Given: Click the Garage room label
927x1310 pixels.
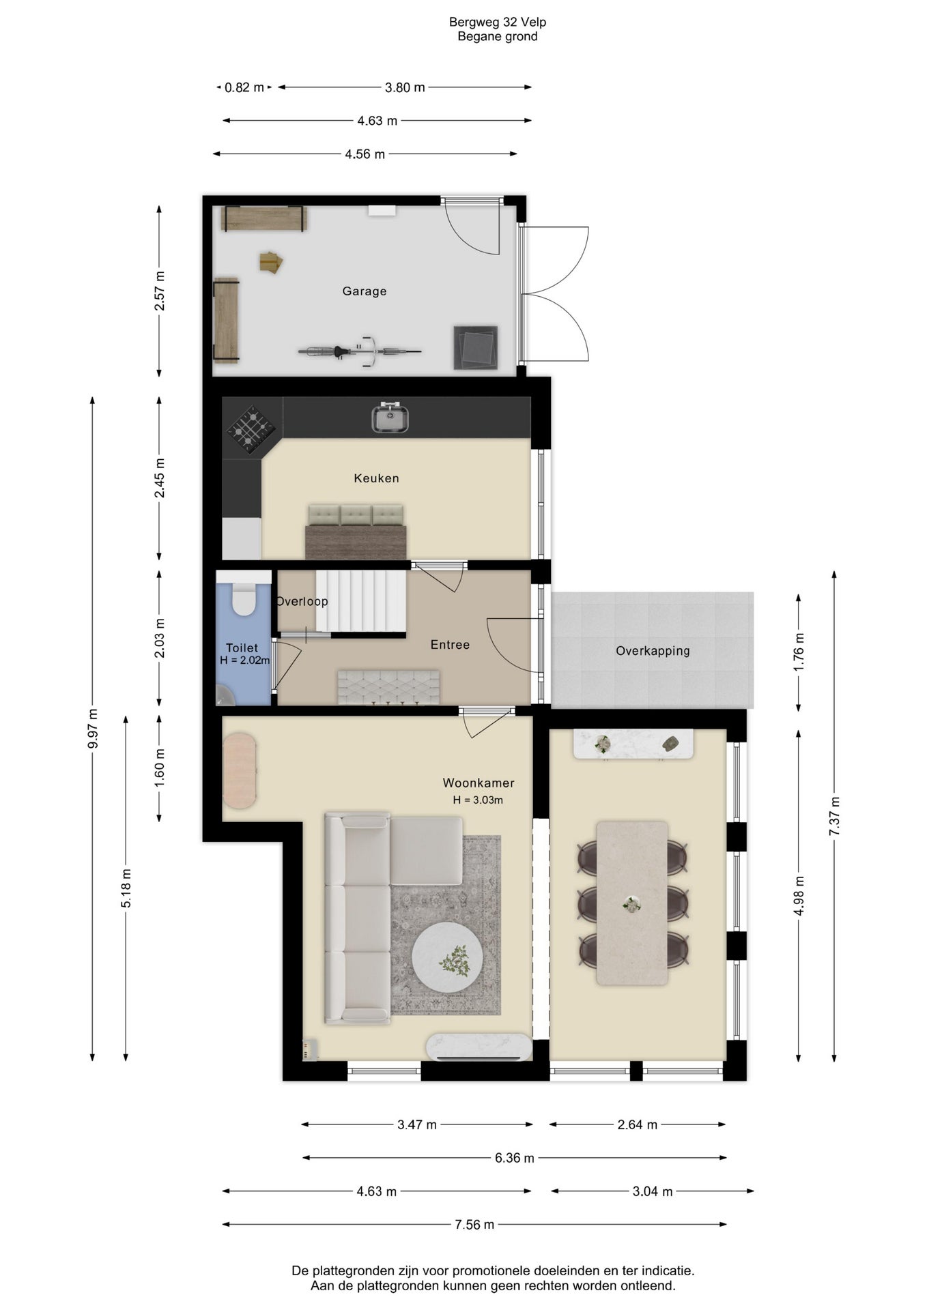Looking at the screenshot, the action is (x=365, y=291).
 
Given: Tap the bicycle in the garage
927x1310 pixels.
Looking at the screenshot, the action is (x=359, y=351).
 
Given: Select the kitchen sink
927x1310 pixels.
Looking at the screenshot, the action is (x=390, y=418).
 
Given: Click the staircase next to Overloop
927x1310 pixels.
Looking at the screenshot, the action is (x=361, y=601).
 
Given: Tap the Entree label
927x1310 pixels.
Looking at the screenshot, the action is (x=450, y=645).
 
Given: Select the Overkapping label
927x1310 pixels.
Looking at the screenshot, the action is (x=653, y=651).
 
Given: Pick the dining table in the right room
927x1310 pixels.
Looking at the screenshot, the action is (x=632, y=903).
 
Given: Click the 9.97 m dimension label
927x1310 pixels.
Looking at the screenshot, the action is (x=93, y=729).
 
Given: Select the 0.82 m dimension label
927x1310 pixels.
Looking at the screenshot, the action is (x=244, y=87).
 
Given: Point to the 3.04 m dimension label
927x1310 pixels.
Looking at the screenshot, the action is (x=653, y=1191).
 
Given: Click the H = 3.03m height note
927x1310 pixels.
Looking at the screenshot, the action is (x=478, y=800).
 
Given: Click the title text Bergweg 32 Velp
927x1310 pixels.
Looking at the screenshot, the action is (x=498, y=22).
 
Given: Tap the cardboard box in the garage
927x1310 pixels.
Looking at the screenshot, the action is (x=271, y=262).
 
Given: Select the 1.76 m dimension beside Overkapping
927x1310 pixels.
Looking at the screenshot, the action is (x=799, y=652).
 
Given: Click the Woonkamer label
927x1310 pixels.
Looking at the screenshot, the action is (x=479, y=783).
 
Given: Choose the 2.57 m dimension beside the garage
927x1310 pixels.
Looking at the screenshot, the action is (x=160, y=291).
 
